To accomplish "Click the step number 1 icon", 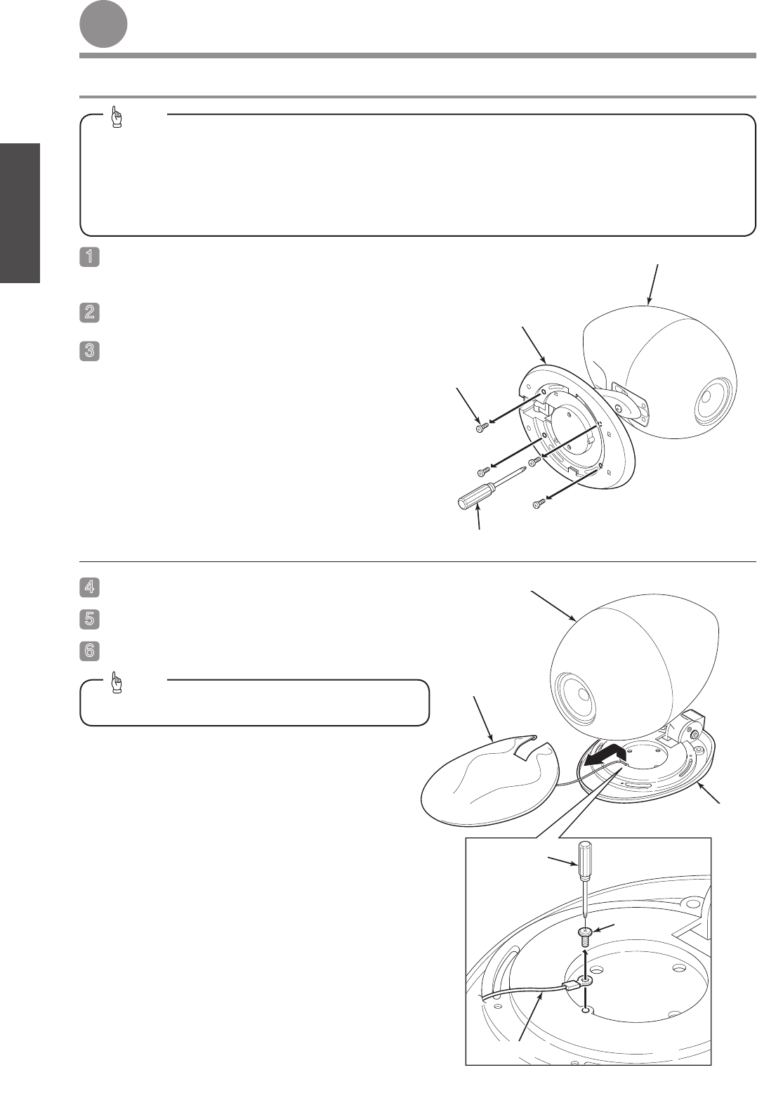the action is pos(90,256).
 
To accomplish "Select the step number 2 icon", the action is pos(90,312).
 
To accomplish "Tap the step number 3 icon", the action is pos(90,351).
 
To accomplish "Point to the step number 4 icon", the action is pos(90,587).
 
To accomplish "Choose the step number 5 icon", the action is pos(90,619).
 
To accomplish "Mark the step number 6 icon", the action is pos(90,651).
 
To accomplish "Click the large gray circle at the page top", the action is pos(104,25).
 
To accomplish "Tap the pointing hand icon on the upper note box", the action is pos(117,117).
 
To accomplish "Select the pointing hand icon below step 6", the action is pos(117,682).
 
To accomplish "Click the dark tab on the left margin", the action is pos(20,213).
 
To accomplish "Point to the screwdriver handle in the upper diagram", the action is pos(475,497).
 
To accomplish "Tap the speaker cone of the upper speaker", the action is pos(712,403).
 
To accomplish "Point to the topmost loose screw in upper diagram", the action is pos(482,426).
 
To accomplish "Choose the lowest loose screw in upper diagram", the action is pos(539,504).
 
